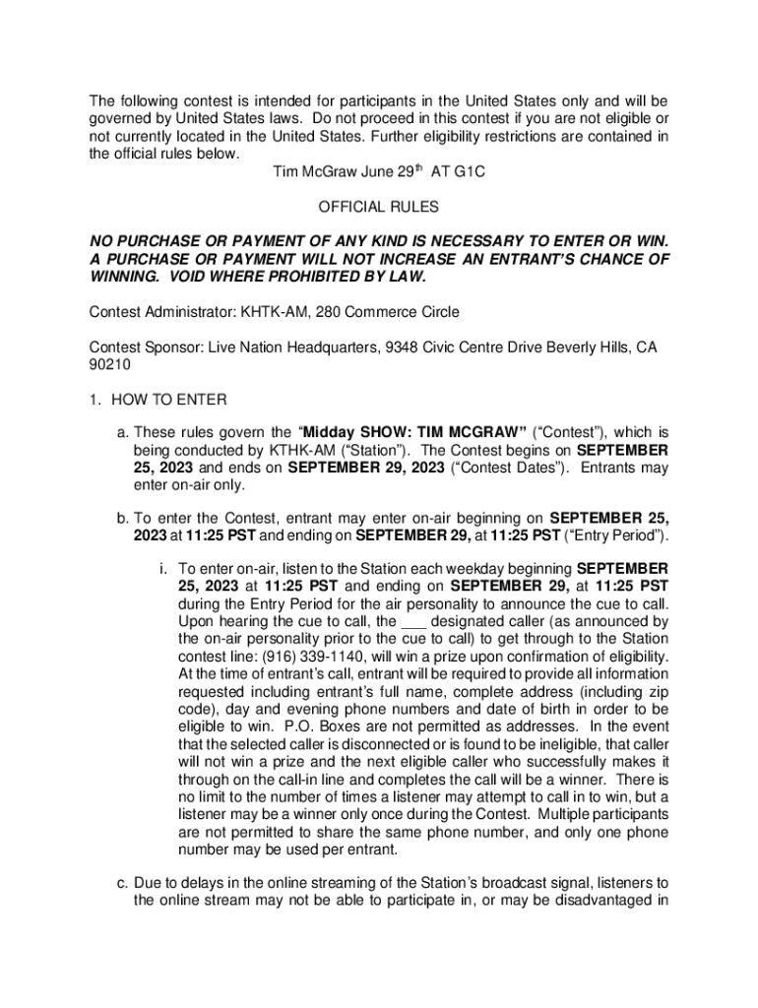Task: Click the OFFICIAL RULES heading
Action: pos(378,208)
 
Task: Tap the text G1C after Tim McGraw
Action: pos(467,172)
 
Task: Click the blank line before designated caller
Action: pos(413,622)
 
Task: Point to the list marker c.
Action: pos(122,883)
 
